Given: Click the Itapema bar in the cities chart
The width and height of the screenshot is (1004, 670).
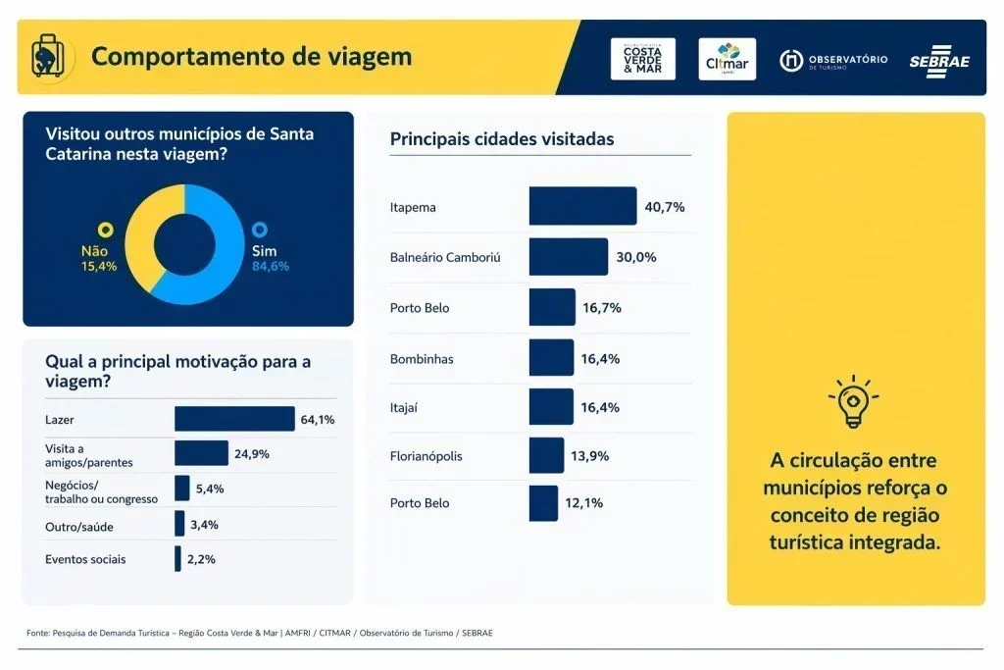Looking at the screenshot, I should point(582,206).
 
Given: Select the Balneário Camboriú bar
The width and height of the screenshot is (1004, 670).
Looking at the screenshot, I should point(568,257).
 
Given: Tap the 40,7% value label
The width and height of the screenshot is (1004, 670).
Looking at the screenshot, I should point(664,207).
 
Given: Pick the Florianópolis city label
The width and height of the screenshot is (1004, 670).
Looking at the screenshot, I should point(426,456).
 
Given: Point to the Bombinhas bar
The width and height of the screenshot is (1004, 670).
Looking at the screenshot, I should point(551,358).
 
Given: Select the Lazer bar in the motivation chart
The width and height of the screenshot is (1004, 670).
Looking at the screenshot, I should point(234,419).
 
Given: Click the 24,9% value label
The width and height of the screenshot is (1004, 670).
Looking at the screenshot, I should point(251,453).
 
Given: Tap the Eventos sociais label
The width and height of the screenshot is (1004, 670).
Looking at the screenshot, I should point(85,559).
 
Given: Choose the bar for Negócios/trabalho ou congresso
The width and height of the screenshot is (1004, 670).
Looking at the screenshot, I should point(182,489).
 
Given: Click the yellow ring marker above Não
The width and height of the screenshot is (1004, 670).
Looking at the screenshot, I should point(106,231).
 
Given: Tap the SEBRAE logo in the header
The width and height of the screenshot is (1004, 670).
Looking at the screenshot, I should point(938,60).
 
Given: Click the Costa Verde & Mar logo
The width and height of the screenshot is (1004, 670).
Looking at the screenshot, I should point(642,59).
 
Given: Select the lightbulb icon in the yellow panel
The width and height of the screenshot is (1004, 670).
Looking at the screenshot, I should point(853,402).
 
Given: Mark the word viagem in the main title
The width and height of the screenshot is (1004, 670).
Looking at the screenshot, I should point(367,56).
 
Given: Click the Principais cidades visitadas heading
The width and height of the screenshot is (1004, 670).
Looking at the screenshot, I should point(502,139).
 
